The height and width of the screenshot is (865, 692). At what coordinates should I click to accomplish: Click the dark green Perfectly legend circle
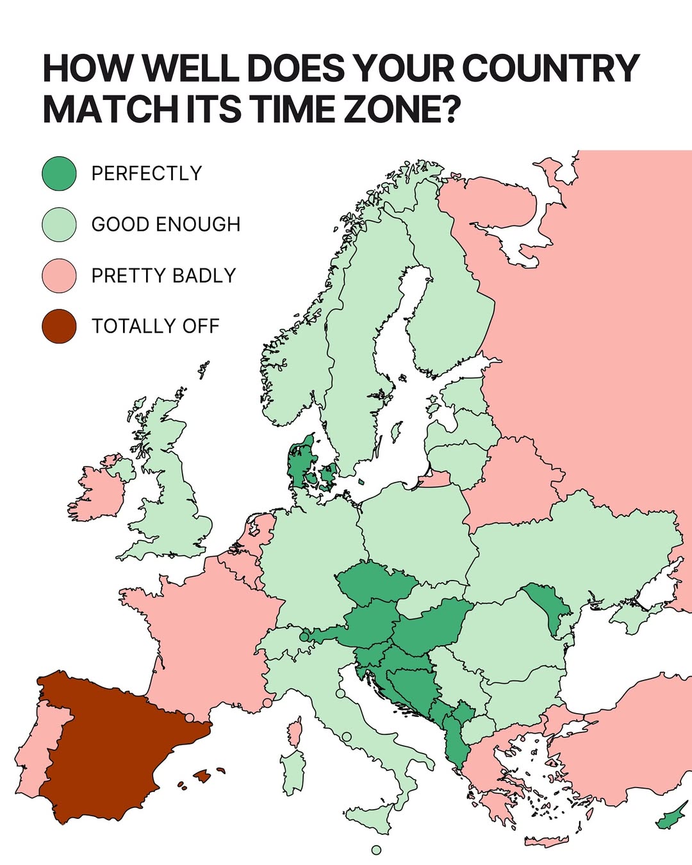coord(59,174)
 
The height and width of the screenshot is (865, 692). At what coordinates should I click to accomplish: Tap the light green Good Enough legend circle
coord(59,224)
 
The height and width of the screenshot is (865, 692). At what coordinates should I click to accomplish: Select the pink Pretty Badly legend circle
coord(59,276)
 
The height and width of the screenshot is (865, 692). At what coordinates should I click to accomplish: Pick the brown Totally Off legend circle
coord(59,326)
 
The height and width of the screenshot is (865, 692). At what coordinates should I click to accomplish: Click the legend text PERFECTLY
coord(147,174)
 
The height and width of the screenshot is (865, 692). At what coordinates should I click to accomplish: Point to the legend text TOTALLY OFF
coord(156,326)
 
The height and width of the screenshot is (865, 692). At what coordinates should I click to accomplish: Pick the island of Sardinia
coord(293,772)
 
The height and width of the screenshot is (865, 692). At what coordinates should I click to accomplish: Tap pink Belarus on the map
coord(513,481)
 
